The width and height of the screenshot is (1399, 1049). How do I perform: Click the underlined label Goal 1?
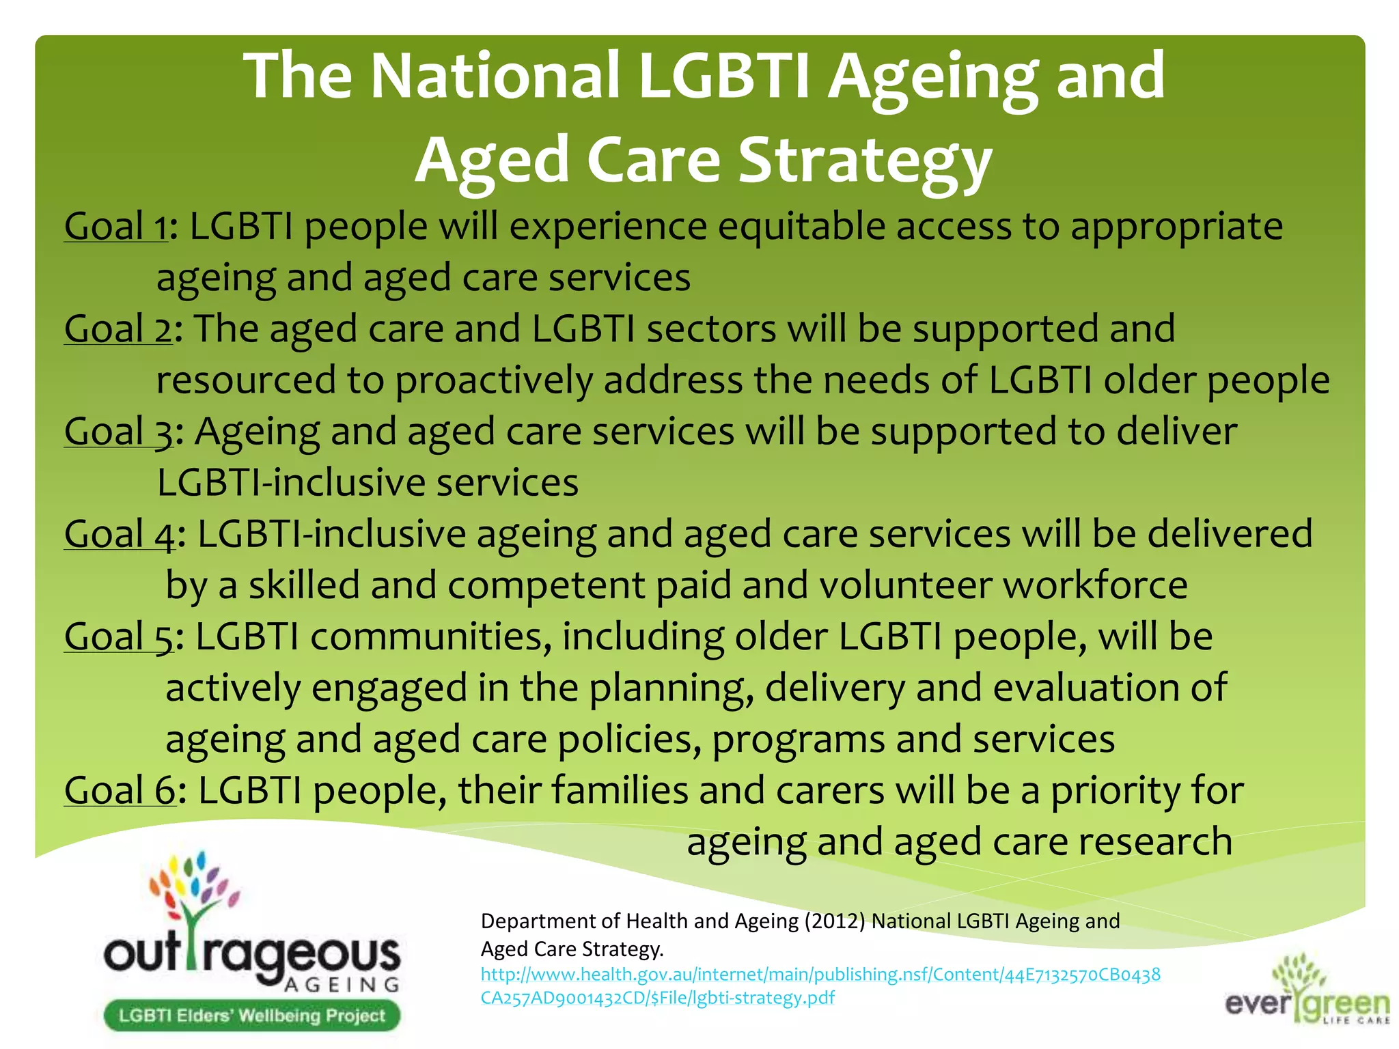click(x=115, y=227)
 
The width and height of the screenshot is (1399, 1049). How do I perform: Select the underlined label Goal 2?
click(x=118, y=329)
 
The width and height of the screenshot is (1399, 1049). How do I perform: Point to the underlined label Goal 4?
click(x=120, y=534)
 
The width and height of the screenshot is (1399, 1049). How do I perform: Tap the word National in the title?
click(x=495, y=76)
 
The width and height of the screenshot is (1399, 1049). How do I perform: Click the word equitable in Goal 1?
click(x=801, y=227)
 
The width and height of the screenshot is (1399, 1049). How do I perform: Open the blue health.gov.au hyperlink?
click(x=820, y=985)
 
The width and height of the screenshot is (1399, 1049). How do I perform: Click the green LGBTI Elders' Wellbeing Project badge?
click(x=251, y=1016)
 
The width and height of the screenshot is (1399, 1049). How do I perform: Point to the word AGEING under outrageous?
click(x=342, y=985)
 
